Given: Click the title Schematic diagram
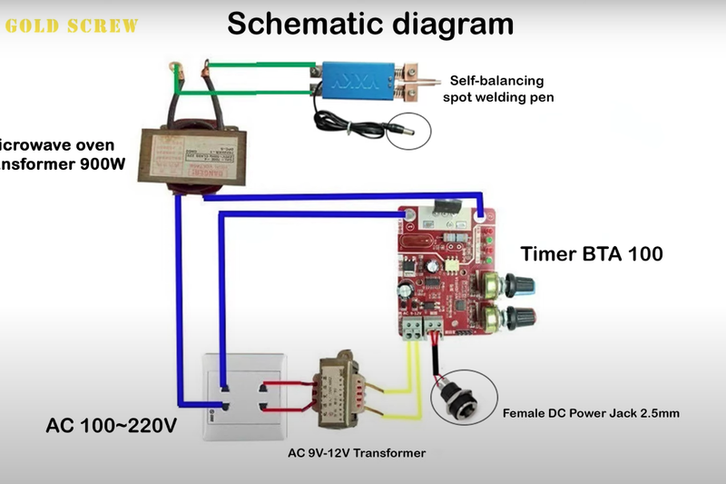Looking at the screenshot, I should coord(369,23).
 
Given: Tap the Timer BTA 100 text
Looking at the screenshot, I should coord(591,253).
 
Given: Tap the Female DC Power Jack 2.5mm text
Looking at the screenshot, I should coord(591,413).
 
